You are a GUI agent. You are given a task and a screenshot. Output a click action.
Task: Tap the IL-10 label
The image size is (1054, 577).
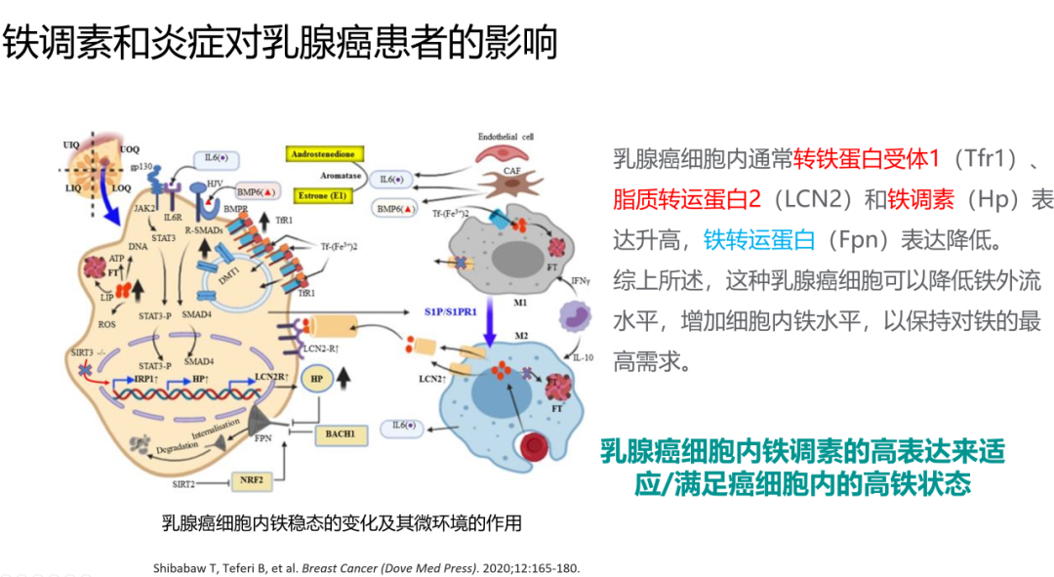(583, 357)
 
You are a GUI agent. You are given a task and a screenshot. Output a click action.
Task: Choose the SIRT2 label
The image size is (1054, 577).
(183, 483)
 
